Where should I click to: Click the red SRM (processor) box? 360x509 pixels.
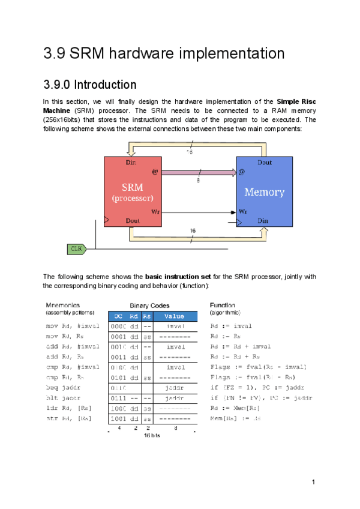click(133, 191)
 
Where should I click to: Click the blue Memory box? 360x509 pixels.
click(264, 191)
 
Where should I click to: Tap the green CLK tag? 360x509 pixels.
click(76, 248)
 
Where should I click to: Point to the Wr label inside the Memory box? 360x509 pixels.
click(243, 212)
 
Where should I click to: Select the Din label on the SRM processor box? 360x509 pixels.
click(130, 162)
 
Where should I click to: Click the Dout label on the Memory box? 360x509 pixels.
click(265, 162)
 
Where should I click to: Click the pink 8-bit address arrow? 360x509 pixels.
click(198, 173)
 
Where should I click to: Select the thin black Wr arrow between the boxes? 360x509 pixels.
click(198, 212)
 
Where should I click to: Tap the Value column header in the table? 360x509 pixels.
click(174, 316)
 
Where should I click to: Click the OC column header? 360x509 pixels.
click(119, 316)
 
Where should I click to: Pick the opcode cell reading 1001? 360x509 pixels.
click(118, 418)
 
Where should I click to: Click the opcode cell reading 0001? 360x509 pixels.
click(118, 336)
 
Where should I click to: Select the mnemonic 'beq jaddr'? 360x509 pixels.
click(63, 387)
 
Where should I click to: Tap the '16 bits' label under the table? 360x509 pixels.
click(152, 435)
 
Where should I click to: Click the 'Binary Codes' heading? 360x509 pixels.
click(149, 306)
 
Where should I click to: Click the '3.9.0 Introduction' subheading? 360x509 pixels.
click(90, 85)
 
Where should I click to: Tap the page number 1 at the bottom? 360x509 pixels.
click(313, 482)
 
